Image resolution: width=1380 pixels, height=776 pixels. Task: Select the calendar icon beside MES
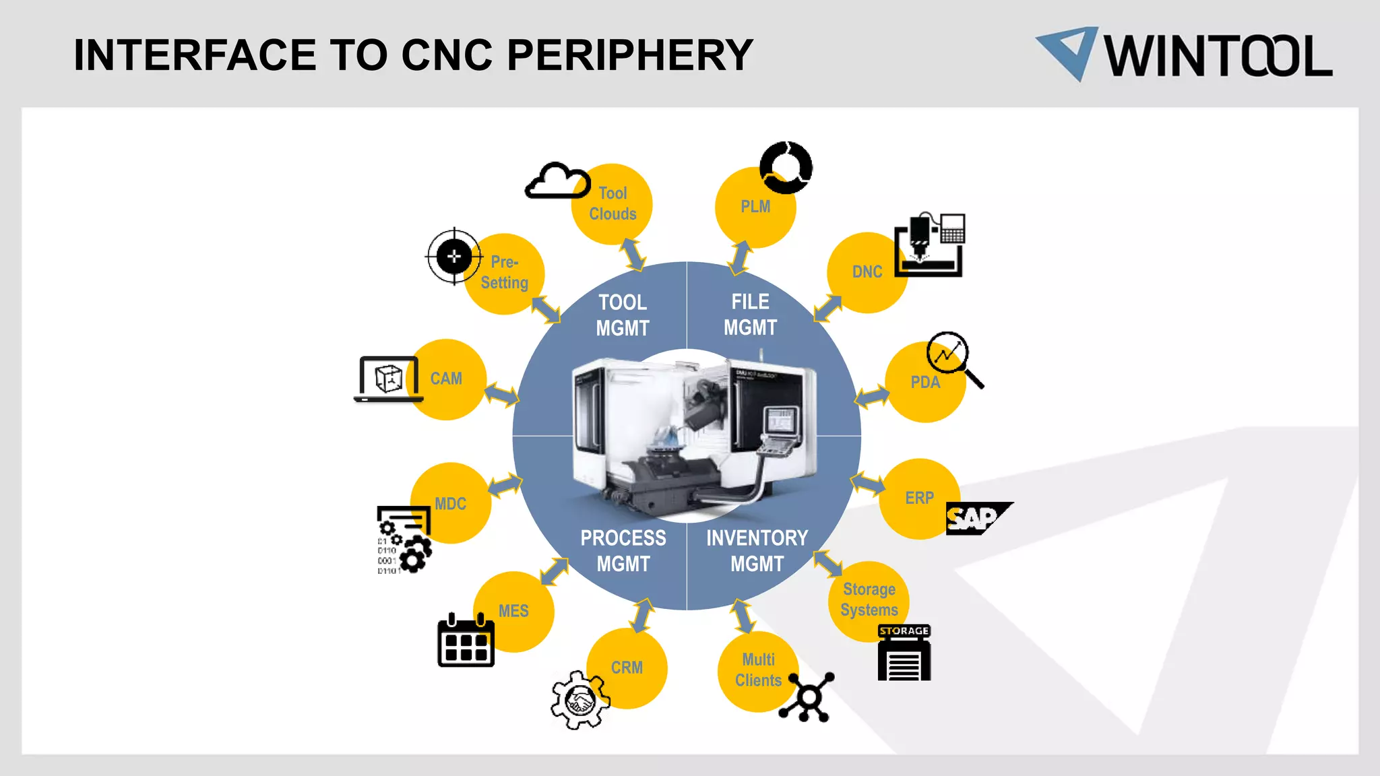point(466,641)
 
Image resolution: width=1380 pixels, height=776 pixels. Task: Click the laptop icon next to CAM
point(388,379)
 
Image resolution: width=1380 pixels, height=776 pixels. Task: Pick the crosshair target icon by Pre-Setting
point(454,256)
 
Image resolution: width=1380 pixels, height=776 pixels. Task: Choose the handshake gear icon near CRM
point(579,700)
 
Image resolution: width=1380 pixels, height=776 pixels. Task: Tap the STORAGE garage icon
point(904,653)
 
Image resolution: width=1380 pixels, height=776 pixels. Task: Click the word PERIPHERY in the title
point(629,55)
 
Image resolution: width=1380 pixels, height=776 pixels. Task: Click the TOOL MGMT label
point(623,315)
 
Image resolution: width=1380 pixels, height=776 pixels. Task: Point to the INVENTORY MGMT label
point(757,550)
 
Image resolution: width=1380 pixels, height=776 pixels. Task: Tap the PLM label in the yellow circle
point(755,207)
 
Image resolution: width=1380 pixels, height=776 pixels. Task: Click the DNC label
point(867,272)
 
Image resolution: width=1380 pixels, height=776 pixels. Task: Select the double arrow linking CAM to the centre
point(501,394)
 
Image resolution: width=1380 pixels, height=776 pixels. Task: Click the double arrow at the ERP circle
point(867,483)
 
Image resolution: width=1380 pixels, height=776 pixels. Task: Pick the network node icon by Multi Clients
point(808,697)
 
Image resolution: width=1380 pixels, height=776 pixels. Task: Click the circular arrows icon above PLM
point(786,167)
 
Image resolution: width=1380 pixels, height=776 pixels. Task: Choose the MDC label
point(450,504)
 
